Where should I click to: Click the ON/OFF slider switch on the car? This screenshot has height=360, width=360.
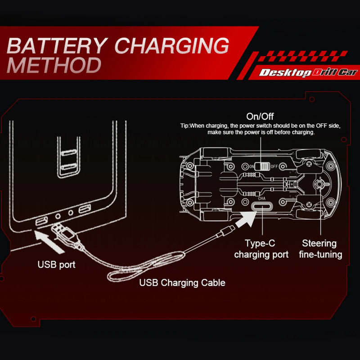pyautogui.click(x=261, y=166)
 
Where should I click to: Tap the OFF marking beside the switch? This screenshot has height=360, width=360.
pyautogui.click(x=274, y=166)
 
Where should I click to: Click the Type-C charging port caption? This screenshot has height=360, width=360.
pyautogui.click(x=261, y=249)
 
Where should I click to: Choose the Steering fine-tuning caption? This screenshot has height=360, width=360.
pyautogui.click(x=320, y=249)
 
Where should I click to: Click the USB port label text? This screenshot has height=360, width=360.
pyautogui.click(x=56, y=265)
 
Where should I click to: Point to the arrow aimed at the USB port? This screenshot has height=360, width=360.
pyautogui.click(x=50, y=241)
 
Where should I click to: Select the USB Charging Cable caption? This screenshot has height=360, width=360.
pyautogui.click(x=182, y=283)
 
